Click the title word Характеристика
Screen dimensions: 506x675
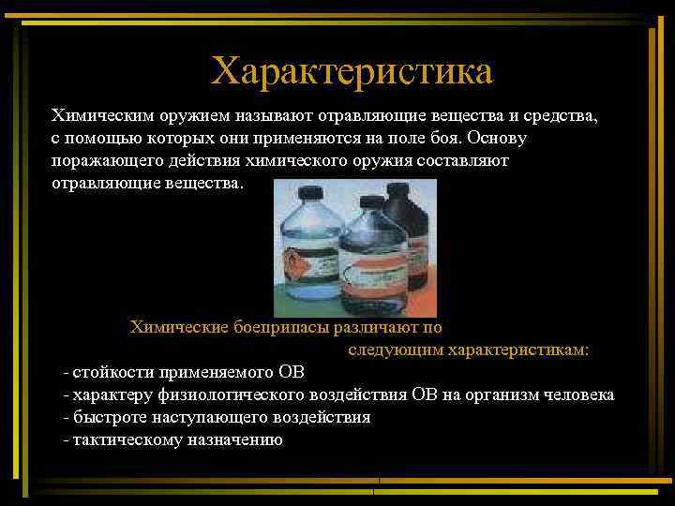tap(352, 71)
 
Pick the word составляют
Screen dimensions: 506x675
tap(461, 161)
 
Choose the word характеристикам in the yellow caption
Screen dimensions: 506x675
tap(519, 350)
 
